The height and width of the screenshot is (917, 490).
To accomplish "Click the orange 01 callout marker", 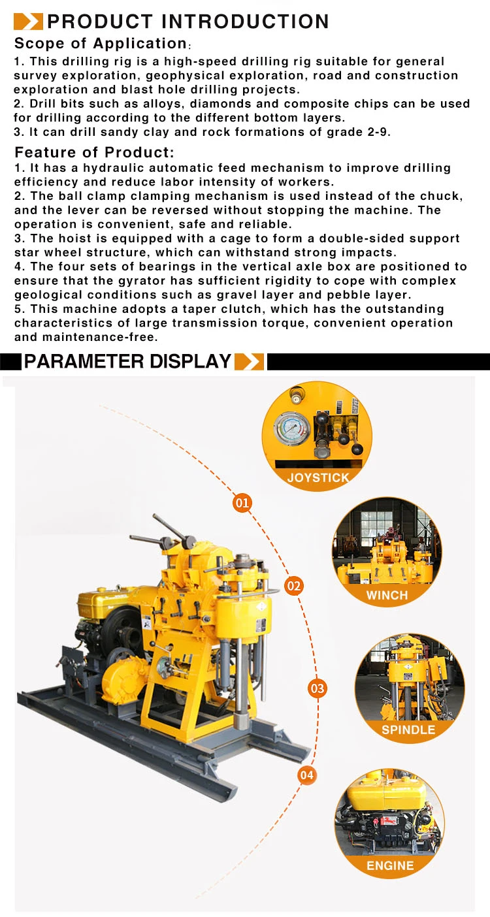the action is tap(242, 502).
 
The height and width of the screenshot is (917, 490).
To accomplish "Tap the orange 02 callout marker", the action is tap(293, 587).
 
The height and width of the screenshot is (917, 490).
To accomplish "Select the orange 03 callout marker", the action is tap(318, 688).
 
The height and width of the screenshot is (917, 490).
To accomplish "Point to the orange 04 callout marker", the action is tap(306, 775).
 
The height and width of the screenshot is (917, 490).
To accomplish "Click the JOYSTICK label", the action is tap(318, 477).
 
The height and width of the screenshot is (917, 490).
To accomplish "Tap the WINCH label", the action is tap(387, 595).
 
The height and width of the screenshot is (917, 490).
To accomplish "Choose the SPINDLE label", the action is tap(408, 730).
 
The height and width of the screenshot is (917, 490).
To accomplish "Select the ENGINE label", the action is tap(390, 865).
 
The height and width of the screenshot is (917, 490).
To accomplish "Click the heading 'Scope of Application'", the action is tap(101, 43).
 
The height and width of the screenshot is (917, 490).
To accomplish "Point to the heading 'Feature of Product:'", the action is tap(95, 152).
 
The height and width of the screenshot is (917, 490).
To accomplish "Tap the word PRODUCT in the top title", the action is tap(101, 22).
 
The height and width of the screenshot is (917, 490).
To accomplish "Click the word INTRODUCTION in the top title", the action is tap(246, 22).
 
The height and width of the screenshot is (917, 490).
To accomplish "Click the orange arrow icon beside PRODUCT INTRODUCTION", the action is tap(28, 22).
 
